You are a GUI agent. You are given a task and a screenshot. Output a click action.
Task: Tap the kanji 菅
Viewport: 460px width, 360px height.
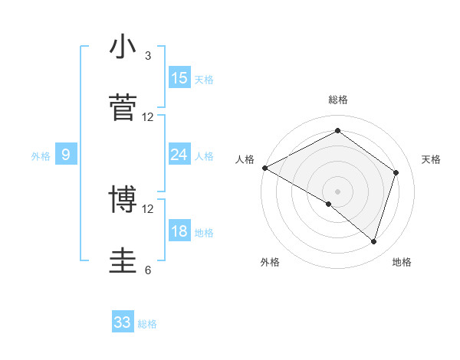pyautogui.click(x=123, y=108)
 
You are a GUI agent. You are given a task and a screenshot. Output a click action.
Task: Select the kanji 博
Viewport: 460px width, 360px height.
pyautogui.click(x=123, y=200)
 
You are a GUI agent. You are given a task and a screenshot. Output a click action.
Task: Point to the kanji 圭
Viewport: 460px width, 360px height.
pyautogui.click(x=123, y=260)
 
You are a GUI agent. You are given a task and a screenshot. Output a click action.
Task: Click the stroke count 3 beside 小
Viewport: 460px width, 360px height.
pyautogui.click(x=148, y=56)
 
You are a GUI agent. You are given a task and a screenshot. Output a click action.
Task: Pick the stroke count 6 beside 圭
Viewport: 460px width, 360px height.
pyautogui.click(x=148, y=270)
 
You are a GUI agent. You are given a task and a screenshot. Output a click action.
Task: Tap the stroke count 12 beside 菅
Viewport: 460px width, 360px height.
pyautogui.click(x=148, y=117)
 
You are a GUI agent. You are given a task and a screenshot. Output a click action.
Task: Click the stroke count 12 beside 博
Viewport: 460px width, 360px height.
pyautogui.click(x=148, y=208)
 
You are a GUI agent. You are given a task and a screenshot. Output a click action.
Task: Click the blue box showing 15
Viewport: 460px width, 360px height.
pyautogui.click(x=179, y=78)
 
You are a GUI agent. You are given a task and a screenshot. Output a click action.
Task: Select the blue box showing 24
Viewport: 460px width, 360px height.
pyautogui.click(x=179, y=155)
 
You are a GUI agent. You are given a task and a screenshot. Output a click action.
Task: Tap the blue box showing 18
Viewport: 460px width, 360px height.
pyautogui.click(x=179, y=231)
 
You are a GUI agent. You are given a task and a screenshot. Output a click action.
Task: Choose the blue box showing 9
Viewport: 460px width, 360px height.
pyautogui.click(x=66, y=155)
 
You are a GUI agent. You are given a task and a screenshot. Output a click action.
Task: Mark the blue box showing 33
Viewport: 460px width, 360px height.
pyautogui.click(x=123, y=322)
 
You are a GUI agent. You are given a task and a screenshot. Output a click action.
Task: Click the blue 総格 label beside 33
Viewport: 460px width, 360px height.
pyautogui.click(x=147, y=324)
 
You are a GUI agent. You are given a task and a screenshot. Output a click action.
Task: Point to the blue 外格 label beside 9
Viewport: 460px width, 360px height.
pyautogui.click(x=41, y=156)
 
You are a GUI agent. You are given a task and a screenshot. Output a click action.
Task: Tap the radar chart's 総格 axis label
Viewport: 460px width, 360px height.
pyautogui.click(x=338, y=100)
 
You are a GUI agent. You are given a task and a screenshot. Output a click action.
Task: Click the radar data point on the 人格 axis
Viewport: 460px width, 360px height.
pyautogui.click(x=264, y=168)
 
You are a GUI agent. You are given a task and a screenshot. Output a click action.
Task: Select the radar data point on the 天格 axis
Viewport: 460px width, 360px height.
pyautogui.click(x=396, y=172)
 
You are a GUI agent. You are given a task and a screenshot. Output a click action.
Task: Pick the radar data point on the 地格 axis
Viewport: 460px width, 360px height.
pyautogui.click(x=374, y=242)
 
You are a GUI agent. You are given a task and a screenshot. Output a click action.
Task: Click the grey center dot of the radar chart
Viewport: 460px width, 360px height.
pyautogui.click(x=338, y=191)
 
